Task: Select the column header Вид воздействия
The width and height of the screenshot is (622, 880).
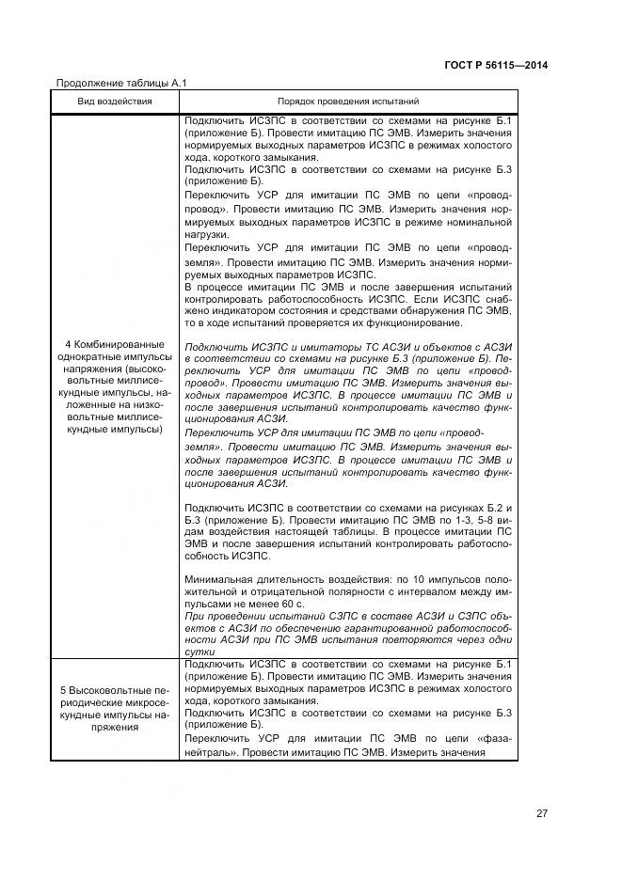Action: click(116, 101)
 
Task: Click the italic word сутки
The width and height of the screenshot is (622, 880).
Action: click(201, 652)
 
